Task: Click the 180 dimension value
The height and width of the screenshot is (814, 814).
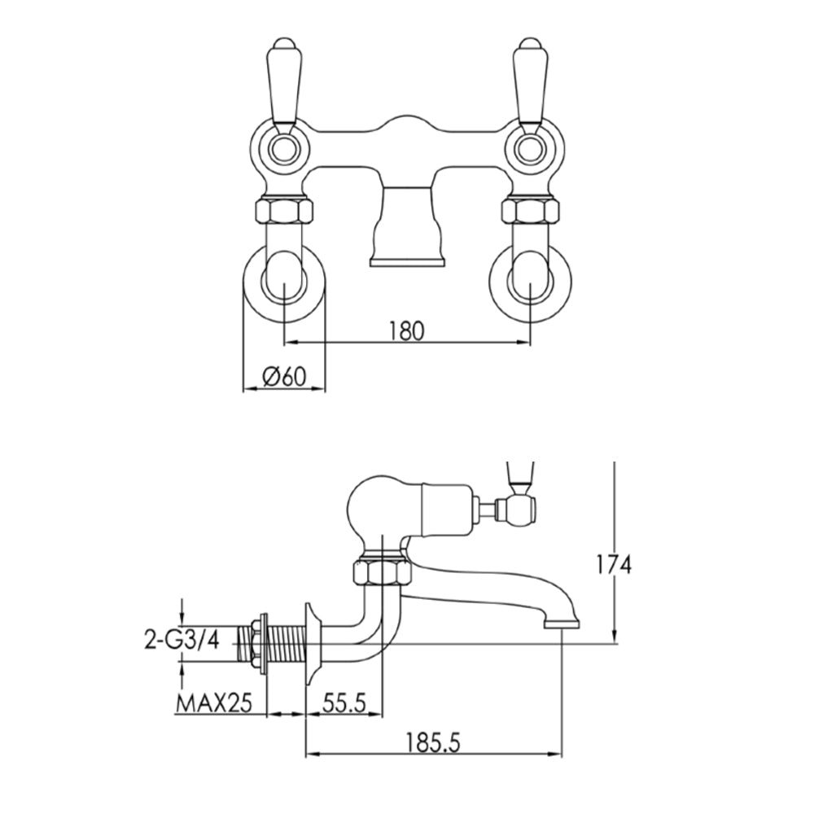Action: pyautogui.click(x=408, y=331)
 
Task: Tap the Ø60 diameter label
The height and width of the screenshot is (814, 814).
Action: pyautogui.click(x=284, y=376)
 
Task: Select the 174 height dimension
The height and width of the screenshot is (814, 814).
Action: pyautogui.click(x=613, y=564)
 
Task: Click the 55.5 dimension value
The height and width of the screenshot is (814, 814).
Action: pyautogui.click(x=343, y=701)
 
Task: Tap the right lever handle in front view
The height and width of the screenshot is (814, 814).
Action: pyautogui.click(x=529, y=81)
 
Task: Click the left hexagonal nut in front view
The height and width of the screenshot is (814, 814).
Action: pyautogui.click(x=284, y=212)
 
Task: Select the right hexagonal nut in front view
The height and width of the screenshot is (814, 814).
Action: pyautogui.click(x=531, y=212)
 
